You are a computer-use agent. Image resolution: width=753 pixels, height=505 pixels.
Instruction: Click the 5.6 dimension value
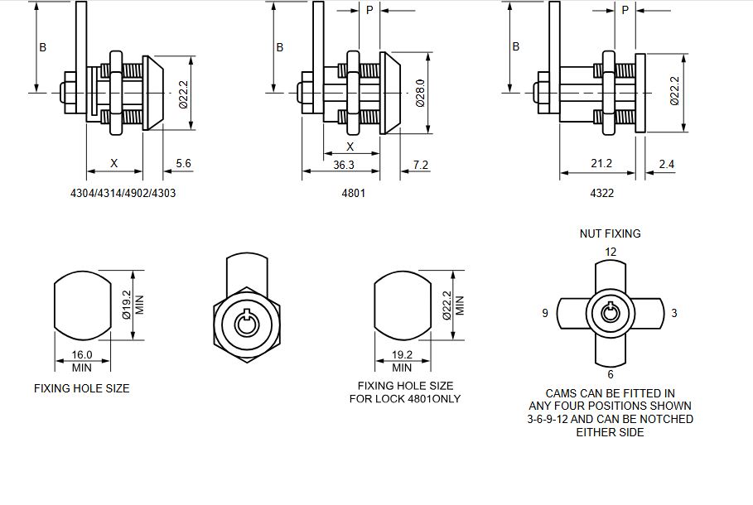[183, 164]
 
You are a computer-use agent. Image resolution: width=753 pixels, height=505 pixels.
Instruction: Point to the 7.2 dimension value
[420, 165]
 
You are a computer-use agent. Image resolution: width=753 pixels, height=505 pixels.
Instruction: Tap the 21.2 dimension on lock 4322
[601, 164]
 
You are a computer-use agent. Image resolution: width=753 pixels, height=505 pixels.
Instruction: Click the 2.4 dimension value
[666, 165]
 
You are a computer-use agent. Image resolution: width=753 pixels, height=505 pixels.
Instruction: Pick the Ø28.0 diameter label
[420, 93]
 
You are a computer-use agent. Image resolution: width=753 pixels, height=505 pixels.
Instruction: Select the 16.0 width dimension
[81, 355]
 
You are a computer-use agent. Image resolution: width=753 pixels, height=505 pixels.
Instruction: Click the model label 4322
[601, 193]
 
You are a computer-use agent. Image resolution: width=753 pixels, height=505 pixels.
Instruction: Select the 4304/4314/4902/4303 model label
[124, 193]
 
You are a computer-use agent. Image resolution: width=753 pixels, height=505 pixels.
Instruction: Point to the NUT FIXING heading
[610, 233]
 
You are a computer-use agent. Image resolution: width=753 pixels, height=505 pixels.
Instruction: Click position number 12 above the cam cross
[611, 252]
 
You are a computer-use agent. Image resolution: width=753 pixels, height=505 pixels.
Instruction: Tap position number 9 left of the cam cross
[545, 313]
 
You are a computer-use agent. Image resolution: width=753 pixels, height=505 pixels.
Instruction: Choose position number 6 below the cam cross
[610, 373]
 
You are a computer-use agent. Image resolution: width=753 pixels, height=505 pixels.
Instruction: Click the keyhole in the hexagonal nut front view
[245, 323]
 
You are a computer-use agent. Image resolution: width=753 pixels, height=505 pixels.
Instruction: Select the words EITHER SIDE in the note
[610, 432]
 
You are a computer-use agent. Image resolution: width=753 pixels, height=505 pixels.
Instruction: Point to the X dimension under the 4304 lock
[114, 163]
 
